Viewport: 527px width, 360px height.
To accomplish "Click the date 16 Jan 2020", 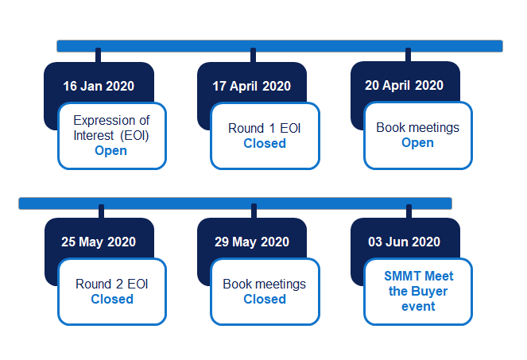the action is point(99,86).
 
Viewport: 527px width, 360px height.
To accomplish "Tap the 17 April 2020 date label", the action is point(251,87).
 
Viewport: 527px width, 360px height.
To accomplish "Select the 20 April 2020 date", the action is point(404,85).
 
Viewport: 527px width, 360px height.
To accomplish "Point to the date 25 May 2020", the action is point(99,242).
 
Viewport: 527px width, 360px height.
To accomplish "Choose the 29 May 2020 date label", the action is point(252,242).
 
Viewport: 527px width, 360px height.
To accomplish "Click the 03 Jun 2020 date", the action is point(404,242).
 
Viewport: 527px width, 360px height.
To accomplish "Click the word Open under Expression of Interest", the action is point(111,151).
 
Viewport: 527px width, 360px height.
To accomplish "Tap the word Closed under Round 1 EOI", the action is point(265,144).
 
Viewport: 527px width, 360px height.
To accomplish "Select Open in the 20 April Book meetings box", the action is point(418,143).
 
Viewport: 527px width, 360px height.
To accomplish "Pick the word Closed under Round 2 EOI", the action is point(112,299).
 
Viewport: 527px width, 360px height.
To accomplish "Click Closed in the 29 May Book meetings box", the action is point(265,299).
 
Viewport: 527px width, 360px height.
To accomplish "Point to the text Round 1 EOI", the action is point(265,129).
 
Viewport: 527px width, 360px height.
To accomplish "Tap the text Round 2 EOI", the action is point(112,284).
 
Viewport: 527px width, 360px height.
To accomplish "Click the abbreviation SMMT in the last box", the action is point(401,277).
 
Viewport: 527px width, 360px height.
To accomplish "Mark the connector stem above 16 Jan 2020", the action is point(98,55).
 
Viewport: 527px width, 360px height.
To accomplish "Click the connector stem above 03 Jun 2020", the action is point(409,211).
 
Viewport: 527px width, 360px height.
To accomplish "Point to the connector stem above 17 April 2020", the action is point(253,55).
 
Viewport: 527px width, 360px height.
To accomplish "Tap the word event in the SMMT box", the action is point(418,307).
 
